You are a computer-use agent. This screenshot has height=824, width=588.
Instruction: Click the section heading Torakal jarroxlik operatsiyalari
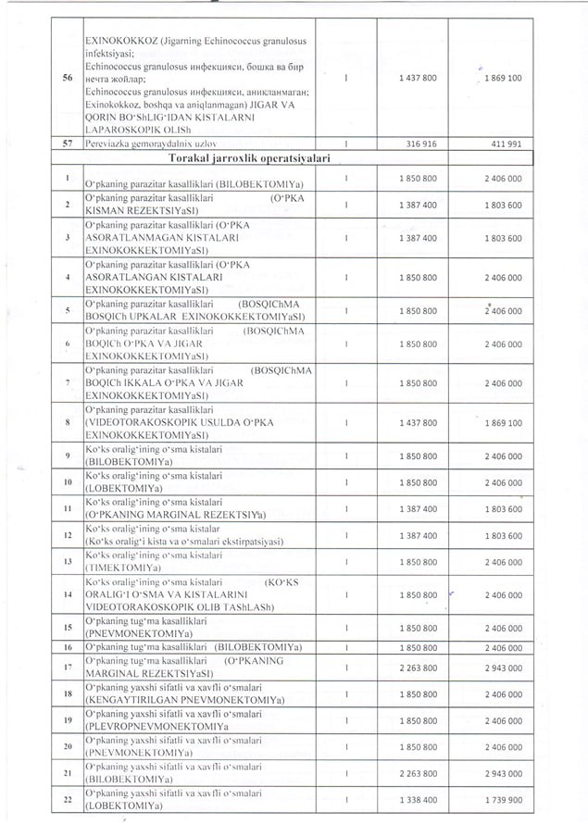pos(246,160)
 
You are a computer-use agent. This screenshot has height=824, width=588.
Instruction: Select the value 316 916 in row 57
pos(418,145)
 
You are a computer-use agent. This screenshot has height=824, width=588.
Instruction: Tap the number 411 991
pos(503,145)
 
